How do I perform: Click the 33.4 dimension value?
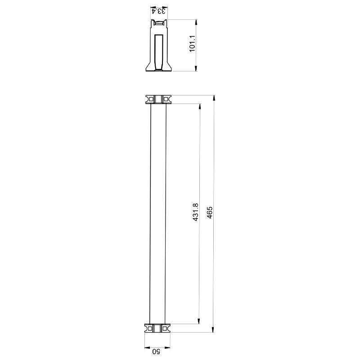pos(159,11)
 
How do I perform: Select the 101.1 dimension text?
pos(192,44)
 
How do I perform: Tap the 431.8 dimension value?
pos(195,212)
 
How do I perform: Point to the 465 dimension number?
pos(210,212)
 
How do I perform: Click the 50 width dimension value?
pos(157,351)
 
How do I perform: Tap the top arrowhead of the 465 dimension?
pos(214,98)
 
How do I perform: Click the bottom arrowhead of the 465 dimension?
pos(213,329)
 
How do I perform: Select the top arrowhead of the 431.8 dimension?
pos(200,107)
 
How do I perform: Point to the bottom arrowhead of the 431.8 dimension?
pos(199,321)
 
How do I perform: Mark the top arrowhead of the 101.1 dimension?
pos(196,22)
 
